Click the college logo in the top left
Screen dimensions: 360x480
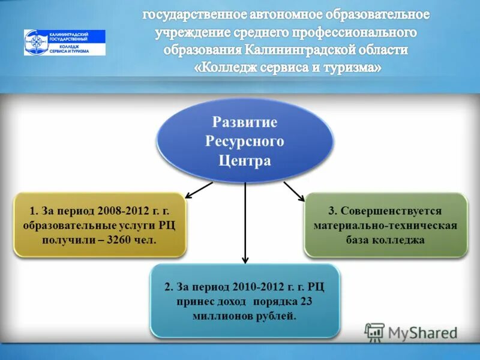point(64,43)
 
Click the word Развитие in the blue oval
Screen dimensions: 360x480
point(244,122)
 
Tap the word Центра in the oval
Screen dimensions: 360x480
point(245,161)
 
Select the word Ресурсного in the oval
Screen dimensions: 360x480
point(244,142)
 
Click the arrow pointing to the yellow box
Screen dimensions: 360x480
point(199,190)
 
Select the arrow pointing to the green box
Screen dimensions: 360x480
point(294,191)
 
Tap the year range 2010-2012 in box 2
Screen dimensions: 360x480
point(257,287)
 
